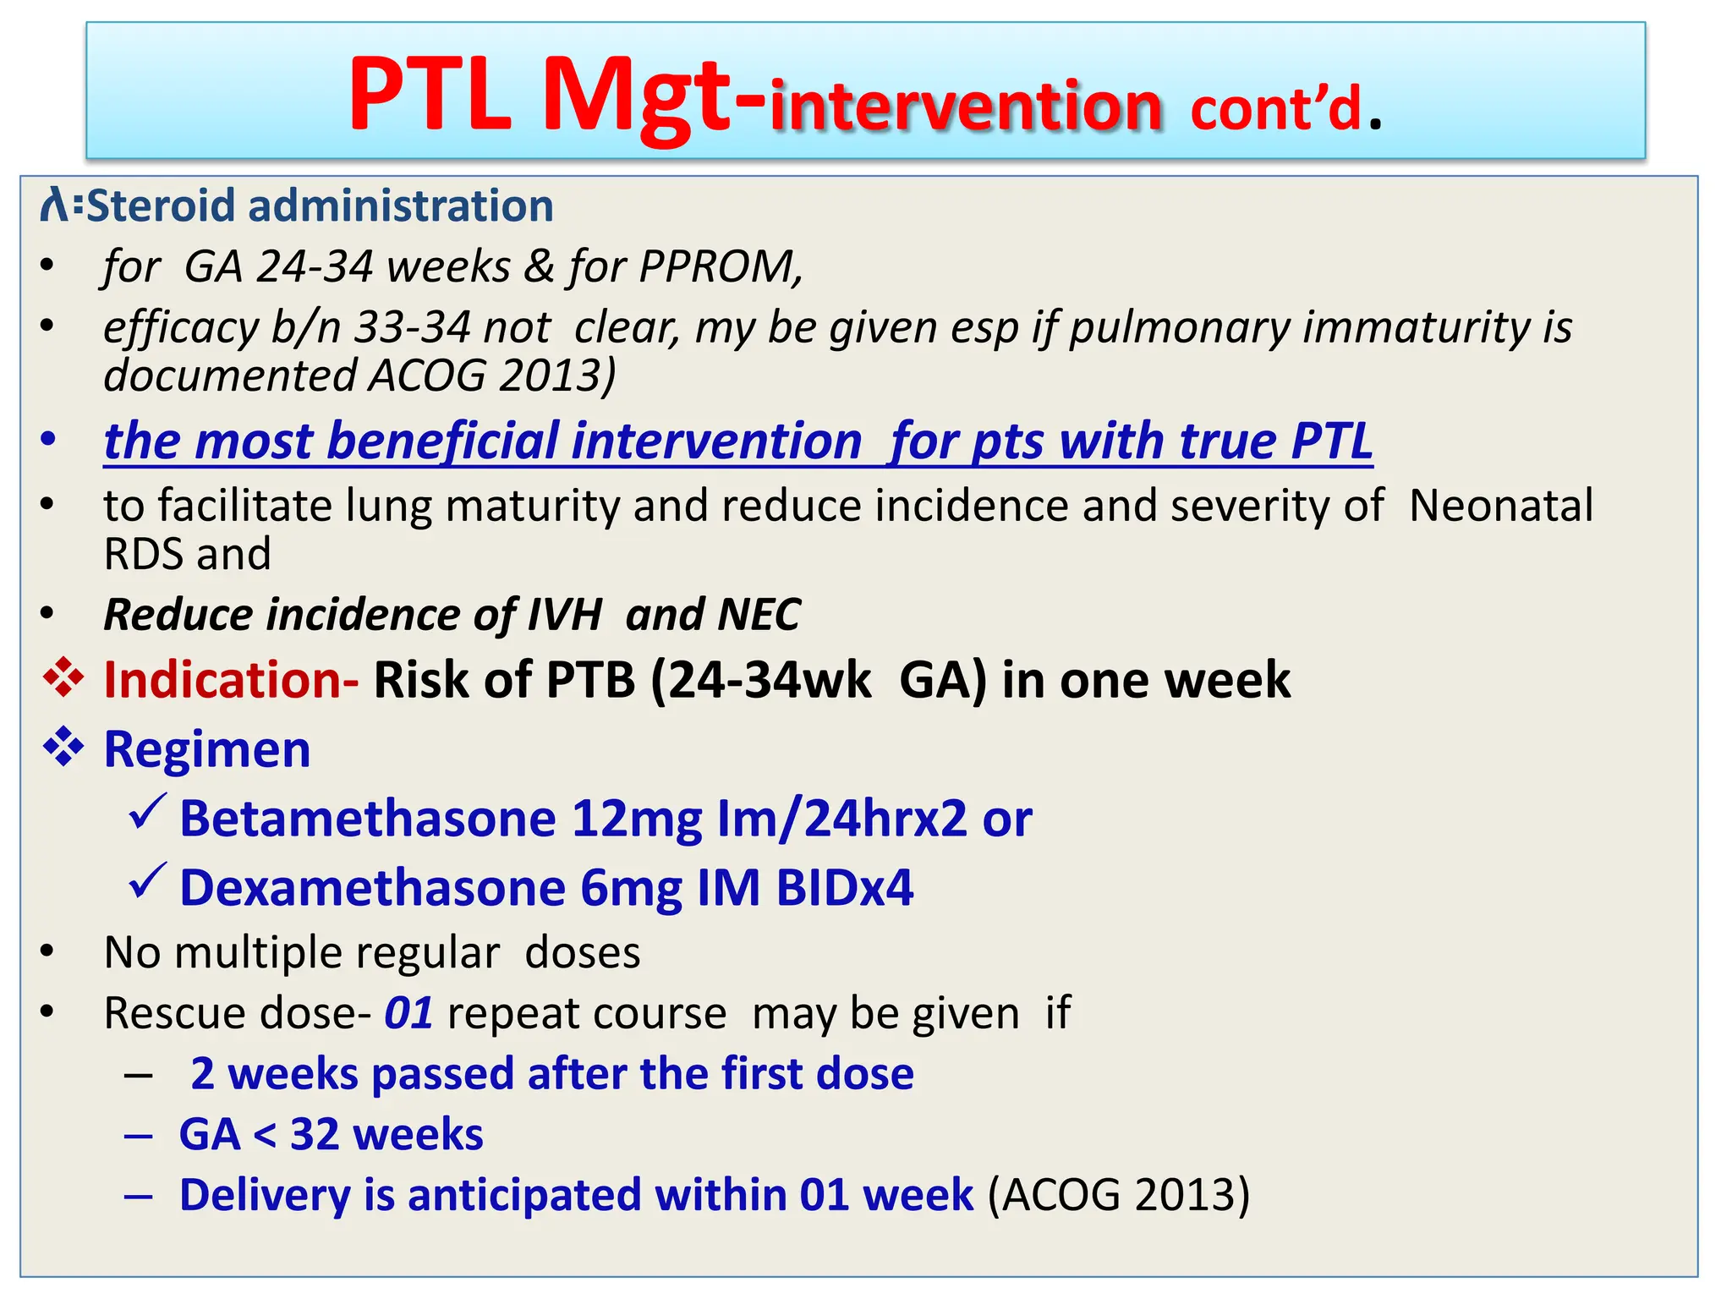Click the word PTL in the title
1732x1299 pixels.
click(x=430, y=95)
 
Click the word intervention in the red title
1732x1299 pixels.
click(x=966, y=107)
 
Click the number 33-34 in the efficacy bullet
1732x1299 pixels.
click(x=411, y=327)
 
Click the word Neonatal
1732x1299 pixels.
click(x=1501, y=506)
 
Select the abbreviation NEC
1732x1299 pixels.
click(x=759, y=614)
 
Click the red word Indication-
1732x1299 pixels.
click(x=231, y=680)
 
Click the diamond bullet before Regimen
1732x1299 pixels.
click(x=64, y=748)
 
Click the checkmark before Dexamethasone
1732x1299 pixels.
click(x=147, y=883)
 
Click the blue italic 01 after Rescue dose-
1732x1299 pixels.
click(x=408, y=1013)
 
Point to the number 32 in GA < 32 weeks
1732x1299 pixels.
click(x=315, y=1135)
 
